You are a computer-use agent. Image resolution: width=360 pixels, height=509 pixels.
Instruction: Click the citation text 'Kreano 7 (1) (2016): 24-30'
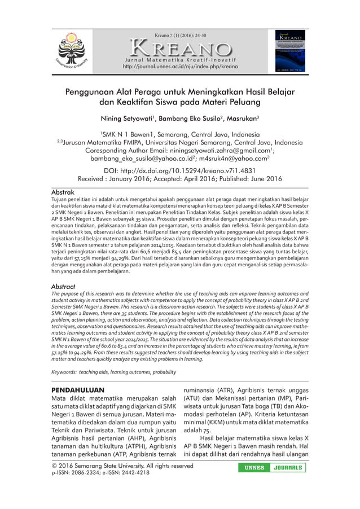point(179,35)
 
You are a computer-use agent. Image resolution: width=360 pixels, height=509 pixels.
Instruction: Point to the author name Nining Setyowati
point(126,119)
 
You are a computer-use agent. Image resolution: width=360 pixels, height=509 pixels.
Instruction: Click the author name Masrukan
point(239,119)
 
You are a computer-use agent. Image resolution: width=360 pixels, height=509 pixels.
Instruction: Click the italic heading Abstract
point(63,286)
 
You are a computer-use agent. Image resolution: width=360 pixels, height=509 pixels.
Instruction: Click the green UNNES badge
point(254,468)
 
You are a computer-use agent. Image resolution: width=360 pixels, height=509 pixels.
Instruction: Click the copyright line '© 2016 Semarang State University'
point(122,466)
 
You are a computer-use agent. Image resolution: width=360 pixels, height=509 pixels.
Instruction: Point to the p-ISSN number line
point(100,473)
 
